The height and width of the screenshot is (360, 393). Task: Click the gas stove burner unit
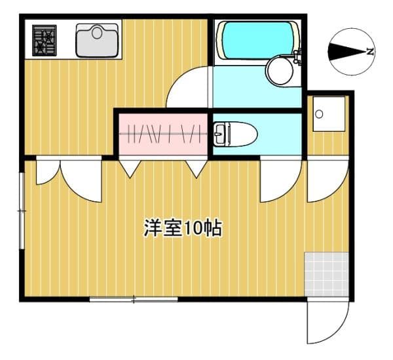(x=45, y=41)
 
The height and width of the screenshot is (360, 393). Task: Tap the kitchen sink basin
(x=97, y=41)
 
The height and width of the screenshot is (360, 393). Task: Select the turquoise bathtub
(x=257, y=41)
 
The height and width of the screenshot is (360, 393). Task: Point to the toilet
(x=235, y=134)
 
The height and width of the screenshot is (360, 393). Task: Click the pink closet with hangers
(x=163, y=134)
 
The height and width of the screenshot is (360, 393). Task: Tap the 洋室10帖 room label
(x=183, y=228)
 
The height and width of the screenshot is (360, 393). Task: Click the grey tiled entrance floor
(x=327, y=275)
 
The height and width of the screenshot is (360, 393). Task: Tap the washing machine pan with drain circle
(x=329, y=113)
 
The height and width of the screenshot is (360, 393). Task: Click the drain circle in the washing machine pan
(x=319, y=114)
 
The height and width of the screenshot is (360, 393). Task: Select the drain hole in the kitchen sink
(x=97, y=33)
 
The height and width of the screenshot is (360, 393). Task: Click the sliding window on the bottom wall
(x=134, y=299)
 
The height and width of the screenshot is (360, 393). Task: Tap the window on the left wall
(x=22, y=210)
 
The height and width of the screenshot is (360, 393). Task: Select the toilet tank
(x=219, y=134)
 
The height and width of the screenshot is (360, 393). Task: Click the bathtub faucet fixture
(x=297, y=57)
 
